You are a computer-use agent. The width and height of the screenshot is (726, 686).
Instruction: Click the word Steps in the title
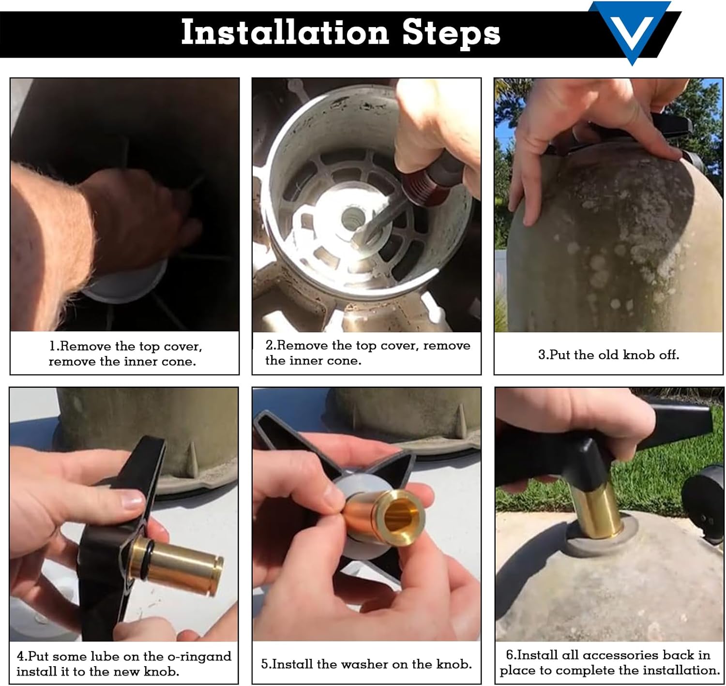(x=451, y=34)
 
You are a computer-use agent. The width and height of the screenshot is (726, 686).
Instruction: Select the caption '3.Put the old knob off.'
(x=608, y=355)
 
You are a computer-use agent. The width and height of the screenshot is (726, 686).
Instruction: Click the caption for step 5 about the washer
(x=366, y=664)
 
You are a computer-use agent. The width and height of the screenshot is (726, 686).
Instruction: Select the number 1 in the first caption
(x=52, y=346)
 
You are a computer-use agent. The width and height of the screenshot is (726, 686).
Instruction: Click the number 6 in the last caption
(x=510, y=655)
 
